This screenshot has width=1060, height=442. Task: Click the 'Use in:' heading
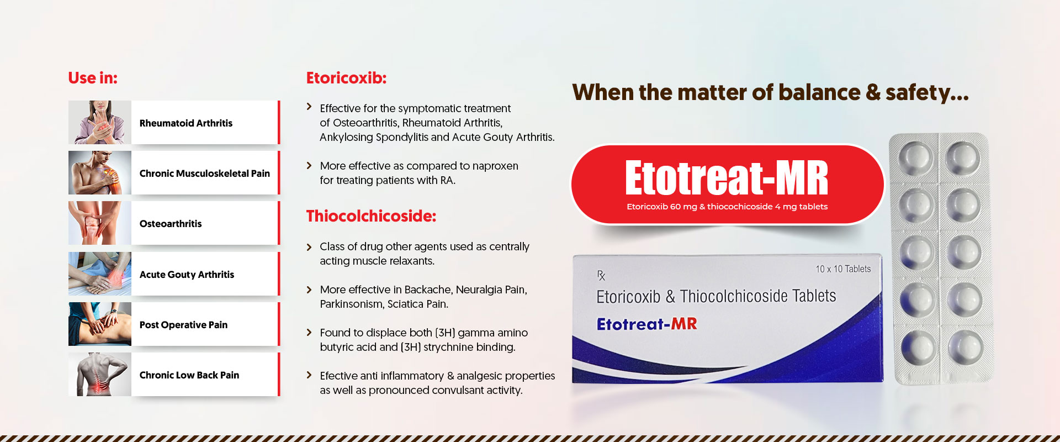(93, 78)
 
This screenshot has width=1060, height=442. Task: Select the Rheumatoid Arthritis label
(186, 123)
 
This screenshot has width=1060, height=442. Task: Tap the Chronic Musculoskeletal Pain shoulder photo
(100, 173)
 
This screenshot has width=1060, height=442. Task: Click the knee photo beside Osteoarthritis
(100, 223)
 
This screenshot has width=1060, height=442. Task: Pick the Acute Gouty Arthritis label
(187, 275)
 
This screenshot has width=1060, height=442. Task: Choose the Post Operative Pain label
(183, 325)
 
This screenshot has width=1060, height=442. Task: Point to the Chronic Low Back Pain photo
(100, 375)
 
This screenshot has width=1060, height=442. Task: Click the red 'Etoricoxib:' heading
(346, 78)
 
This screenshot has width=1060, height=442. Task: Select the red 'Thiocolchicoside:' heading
(371, 216)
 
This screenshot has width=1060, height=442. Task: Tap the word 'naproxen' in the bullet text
(495, 166)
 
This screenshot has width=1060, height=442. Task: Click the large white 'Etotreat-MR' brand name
(727, 178)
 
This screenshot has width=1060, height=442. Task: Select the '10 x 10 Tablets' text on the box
(843, 269)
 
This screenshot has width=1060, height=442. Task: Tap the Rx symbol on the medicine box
(601, 275)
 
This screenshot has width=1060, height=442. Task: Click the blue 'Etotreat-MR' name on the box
(647, 324)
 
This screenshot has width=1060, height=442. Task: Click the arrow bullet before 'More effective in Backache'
(309, 290)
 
